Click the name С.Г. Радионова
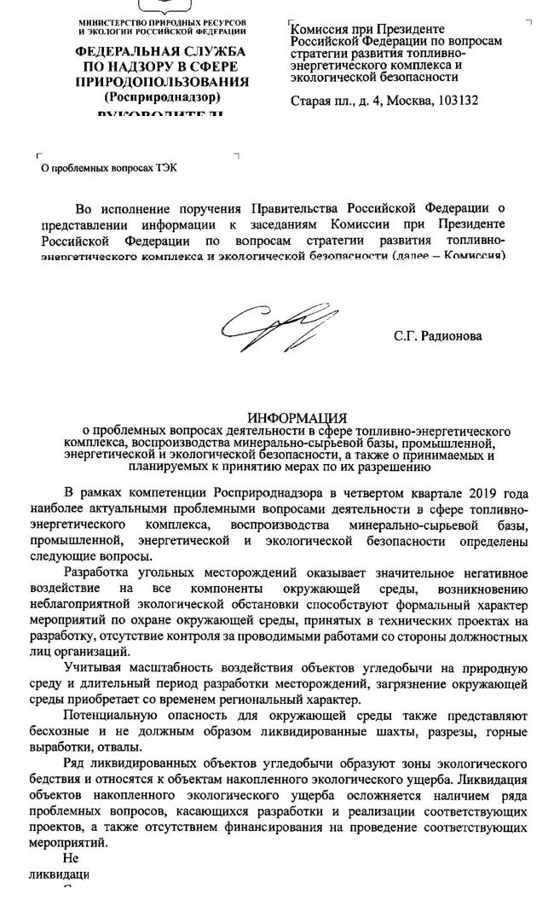437,336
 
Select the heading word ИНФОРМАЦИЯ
297,418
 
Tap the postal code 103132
458,100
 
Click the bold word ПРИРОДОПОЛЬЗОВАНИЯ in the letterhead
162,81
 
